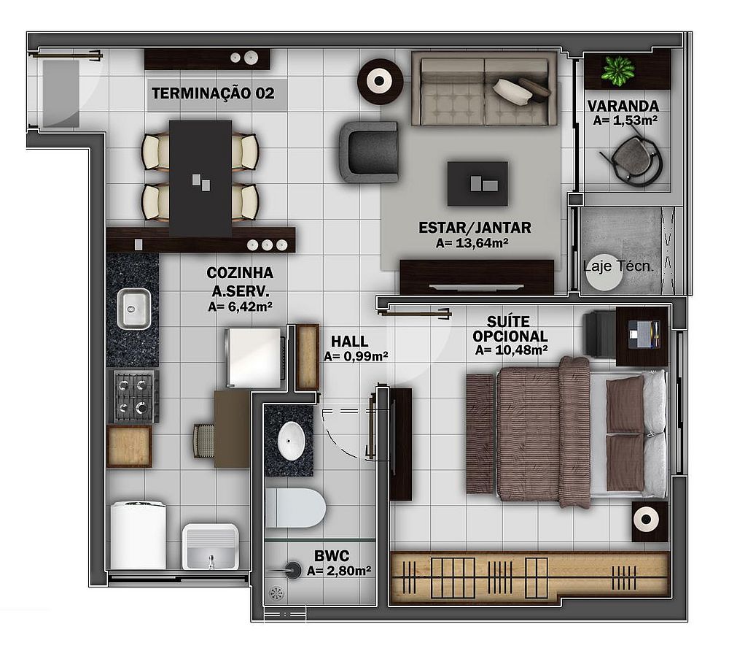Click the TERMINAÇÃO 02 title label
pyautogui.click(x=213, y=93)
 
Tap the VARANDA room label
pyautogui.click(x=623, y=106)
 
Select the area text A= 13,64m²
pyautogui.click(x=472, y=243)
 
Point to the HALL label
pyautogui.click(x=350, y=342)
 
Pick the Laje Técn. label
pyautogui.click(x=618, y=266)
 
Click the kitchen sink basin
pyautogui.click(x=133, y=309)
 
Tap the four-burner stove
pyautogui.click(x=133, y=396)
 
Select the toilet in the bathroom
pyautogui.click(x=295, y=508)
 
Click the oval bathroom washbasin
pyautogui.click(x=292, y=441)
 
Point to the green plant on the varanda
pyautogui.click(x=617, y=71)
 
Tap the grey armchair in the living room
pyautogui.click(x=369, y=152)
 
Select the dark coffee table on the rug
pyautogui.click(x=477, y=183)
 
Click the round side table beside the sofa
pyautogui.click(x=380, y=82)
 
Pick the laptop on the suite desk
pyautogui.click(x=644, y=334)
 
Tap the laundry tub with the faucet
pyautogui.click(x=211, y=547)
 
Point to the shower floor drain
pyautogui.click(x=276, y=593)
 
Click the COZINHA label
pyautogui.click(x=240, y=273)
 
